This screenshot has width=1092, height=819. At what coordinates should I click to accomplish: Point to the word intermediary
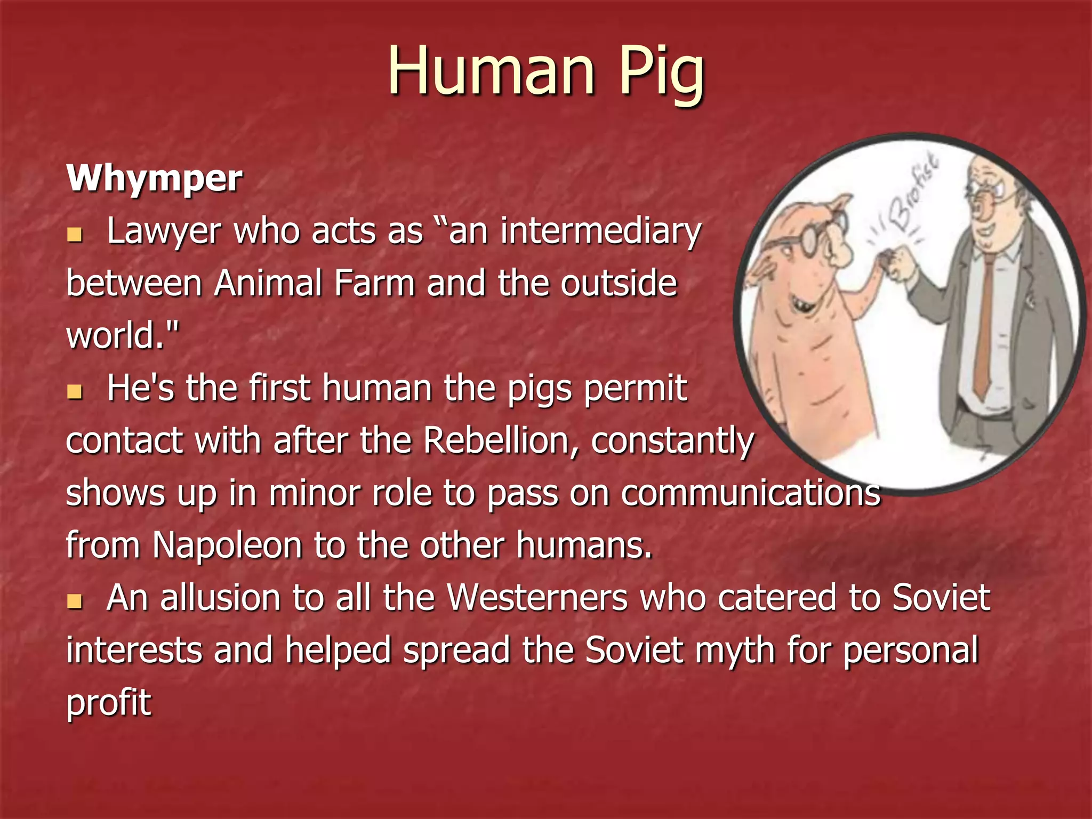pos(600,231)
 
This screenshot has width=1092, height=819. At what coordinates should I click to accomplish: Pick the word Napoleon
pos(228,545)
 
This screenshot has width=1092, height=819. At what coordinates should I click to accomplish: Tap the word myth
pos(736,651)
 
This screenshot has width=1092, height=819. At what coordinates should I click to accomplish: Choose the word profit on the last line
pos(109,703)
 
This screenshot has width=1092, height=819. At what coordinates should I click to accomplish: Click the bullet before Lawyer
pos(75,235)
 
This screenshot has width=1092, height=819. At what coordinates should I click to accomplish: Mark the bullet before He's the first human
pos(75,392)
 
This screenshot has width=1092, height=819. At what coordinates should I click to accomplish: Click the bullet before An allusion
pos(75,602)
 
